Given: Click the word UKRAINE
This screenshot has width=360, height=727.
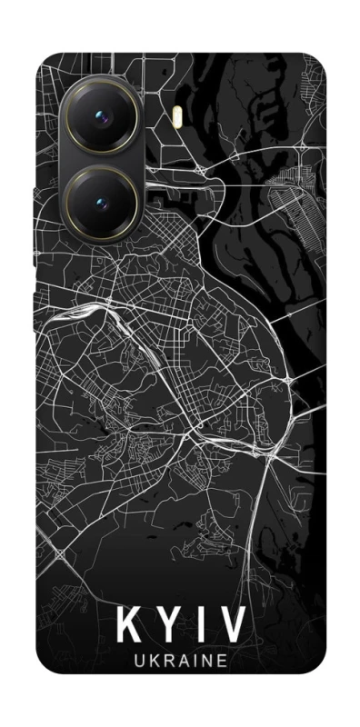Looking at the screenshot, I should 181,662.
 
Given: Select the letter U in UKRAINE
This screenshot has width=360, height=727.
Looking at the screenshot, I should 136,662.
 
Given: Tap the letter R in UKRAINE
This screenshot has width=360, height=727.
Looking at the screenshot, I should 167,662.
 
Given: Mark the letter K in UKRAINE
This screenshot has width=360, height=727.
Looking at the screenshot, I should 152,662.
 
